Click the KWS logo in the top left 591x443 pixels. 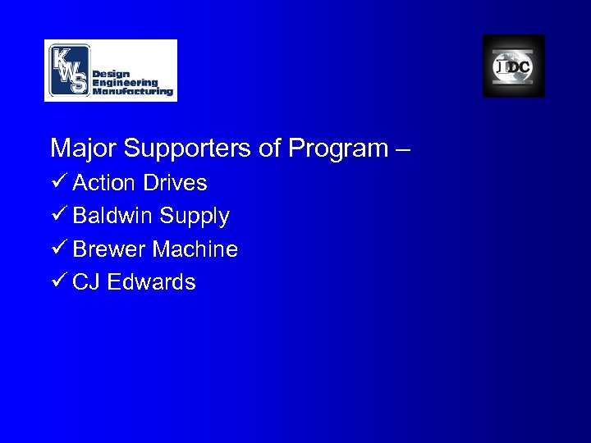click(x=110, y=70)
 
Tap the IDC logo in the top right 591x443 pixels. click(x=513, y=66)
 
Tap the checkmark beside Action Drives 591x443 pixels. click(x=57, y=182)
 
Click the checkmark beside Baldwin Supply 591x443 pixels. click(x=57, y=216)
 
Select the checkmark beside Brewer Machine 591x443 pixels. click(x=57, y=249)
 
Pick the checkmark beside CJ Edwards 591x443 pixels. click(x=57, y=282)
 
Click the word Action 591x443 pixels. click(x=103, y=182)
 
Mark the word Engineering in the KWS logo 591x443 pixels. click(x=125, y=83)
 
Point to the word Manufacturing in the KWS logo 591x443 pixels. click(x=132, y=93)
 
